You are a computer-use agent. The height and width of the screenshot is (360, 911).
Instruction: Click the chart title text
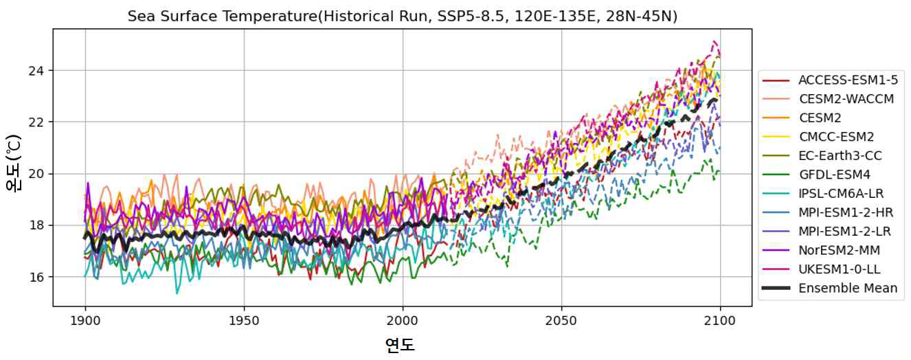click(402, 16)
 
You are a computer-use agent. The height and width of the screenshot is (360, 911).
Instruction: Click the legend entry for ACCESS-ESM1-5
click(848, 80)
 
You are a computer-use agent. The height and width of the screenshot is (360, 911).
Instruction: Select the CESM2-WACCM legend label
click(846, 99)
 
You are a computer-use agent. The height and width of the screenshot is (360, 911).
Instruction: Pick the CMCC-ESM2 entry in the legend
click(836, 137)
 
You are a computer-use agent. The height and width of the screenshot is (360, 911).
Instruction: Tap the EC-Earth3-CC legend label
click(840, 155)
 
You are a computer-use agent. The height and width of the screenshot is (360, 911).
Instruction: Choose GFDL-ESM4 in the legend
click(835, 175)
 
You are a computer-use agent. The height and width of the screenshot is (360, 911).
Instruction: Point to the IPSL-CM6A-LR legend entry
click(841, 193)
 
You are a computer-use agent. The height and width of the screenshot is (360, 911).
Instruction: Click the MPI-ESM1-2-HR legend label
click(846, 212)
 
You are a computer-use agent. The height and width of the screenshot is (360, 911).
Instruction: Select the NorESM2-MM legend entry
click(839, 250)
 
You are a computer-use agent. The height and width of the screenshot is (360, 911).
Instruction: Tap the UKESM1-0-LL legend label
click(840, 269)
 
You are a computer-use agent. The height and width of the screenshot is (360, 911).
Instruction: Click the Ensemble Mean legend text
click(848, 288)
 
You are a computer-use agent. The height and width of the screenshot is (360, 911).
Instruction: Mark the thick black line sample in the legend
click(776, 288)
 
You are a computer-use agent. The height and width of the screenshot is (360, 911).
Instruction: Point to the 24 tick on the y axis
click(36, 71)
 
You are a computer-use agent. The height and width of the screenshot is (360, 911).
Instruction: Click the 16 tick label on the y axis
click(36, 277)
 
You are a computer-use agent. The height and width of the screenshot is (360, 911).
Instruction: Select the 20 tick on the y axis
click(36, 174)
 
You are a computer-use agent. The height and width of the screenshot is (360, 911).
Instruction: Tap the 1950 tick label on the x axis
click(244, 321)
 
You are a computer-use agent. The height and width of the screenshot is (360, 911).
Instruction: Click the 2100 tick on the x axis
click(720, 321)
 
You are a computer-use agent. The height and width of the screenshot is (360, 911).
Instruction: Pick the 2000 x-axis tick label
click(403, 321)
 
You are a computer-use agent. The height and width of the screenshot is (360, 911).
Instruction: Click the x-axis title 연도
click(400, 345)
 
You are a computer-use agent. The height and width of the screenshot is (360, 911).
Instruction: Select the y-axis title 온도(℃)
click(14, 163)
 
